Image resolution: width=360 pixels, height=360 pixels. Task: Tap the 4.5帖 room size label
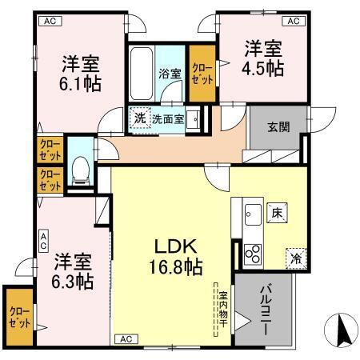[264, 68]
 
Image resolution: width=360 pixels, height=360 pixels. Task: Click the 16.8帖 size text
[174, 266]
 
